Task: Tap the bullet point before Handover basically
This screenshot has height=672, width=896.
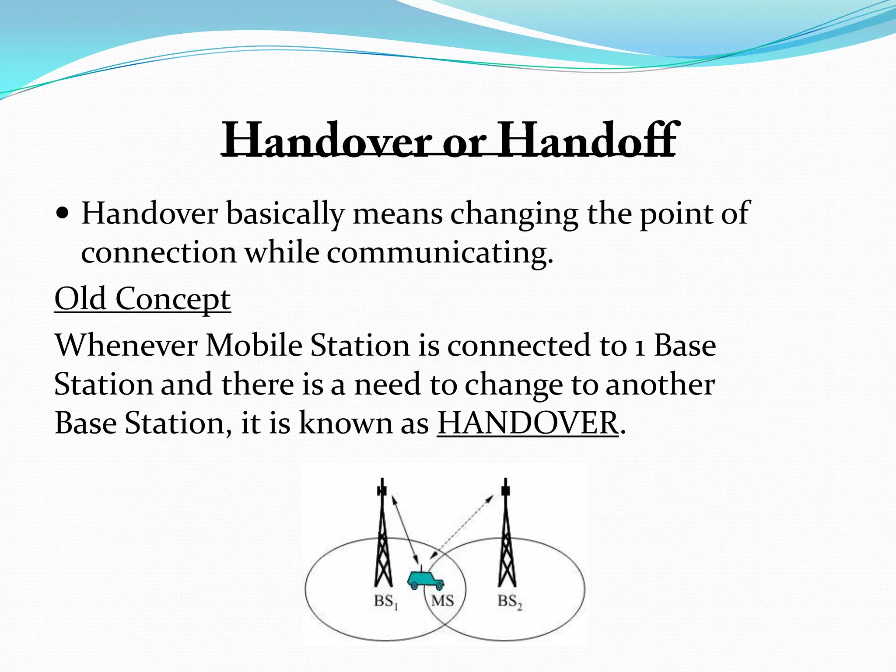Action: tap(63, 214)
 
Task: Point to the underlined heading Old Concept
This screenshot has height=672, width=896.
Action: tap(142, 299)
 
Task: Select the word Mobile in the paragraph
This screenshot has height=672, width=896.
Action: tap(254, 346)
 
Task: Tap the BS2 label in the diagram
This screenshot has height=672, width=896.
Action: tap(510, 602)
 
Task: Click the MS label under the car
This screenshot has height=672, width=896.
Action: tap(442, 601)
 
